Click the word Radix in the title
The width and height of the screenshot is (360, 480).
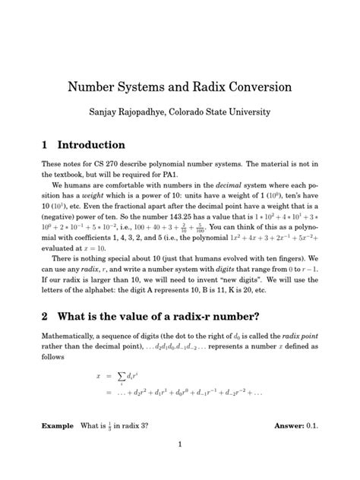click(203, 87)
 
